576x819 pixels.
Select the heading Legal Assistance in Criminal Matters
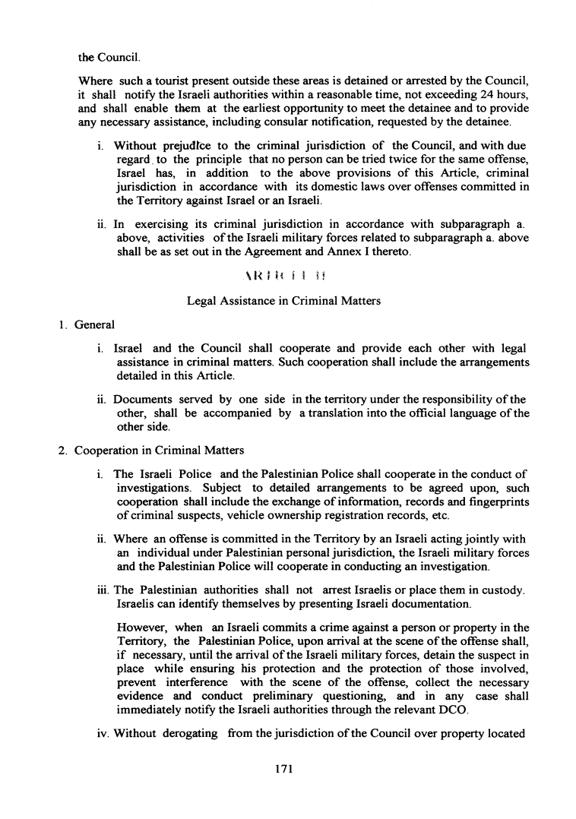pyautogui.click(x=283, y=301)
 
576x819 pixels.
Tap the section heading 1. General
pyautogui.click(x=86, y=325)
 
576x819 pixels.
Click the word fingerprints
pyautogui.click(x=494, y=502)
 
